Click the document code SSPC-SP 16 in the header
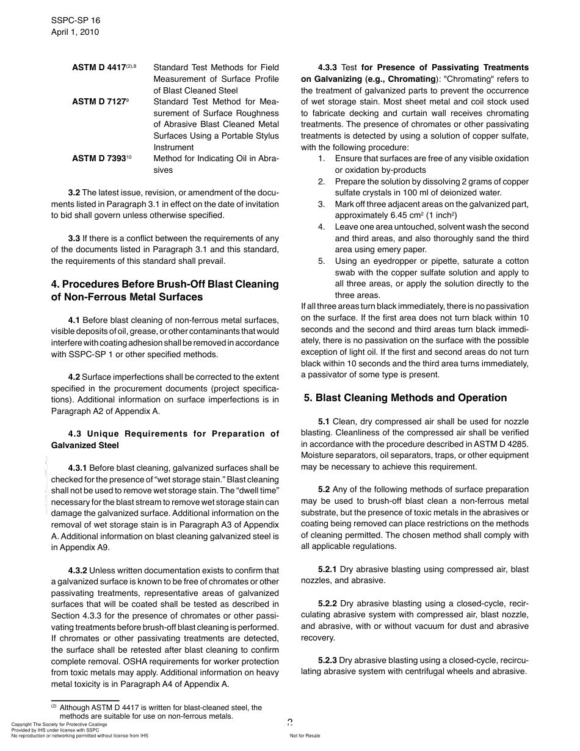coord(76,20)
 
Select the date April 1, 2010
coord(75,32)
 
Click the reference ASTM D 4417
coord(98,68)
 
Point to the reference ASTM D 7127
coord(98,101)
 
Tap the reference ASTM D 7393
coord(98,158)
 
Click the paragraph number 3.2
coord(74,192)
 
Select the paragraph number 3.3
coord(74,238)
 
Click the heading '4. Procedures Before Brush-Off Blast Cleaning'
coord(165,284)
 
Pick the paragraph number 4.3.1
coord(78,468)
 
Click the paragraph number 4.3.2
coord(78,570)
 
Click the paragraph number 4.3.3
coord(328,67)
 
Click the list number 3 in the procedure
coord(321,204)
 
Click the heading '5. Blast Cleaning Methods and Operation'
coord(405,397)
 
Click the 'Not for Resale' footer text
coord(305,736)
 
